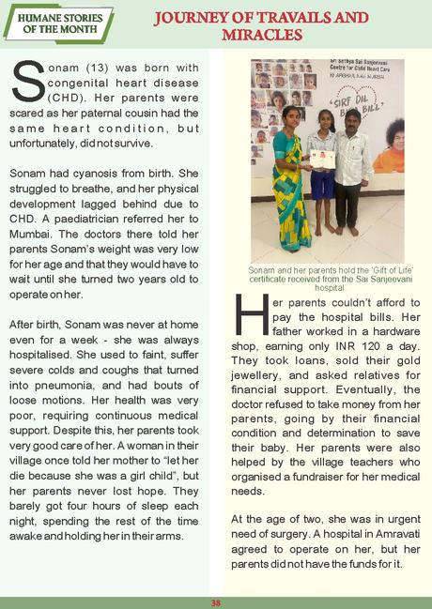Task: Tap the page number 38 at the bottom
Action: tap(215, 601)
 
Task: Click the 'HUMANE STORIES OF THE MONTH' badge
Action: tap(56, 23)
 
